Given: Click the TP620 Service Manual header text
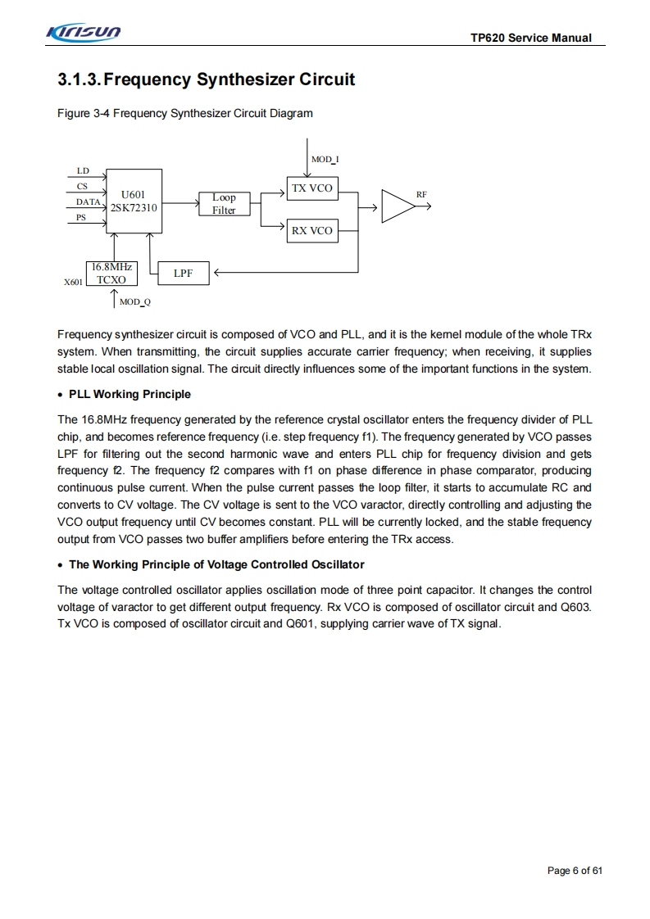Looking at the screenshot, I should pos(531,38).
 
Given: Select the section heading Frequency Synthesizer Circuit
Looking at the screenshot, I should pos(207,79).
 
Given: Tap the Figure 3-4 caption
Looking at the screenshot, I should pos(185,113).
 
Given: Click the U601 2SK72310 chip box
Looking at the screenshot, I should pos(134,201).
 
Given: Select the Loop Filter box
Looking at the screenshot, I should pos(223,204).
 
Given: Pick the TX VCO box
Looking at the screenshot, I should pos(311,188).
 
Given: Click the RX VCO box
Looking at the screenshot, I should pos(311,231).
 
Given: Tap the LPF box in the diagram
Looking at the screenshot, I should pos(183,274).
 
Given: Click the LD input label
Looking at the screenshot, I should pos(83,170).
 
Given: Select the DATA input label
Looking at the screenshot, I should pos(89,201).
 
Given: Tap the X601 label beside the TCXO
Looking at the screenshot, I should pos(73,283).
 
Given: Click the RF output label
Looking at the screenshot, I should pos(421,194).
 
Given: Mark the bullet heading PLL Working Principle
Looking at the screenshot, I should pos(130,394).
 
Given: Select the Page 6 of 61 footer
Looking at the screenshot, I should pos(574,870).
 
